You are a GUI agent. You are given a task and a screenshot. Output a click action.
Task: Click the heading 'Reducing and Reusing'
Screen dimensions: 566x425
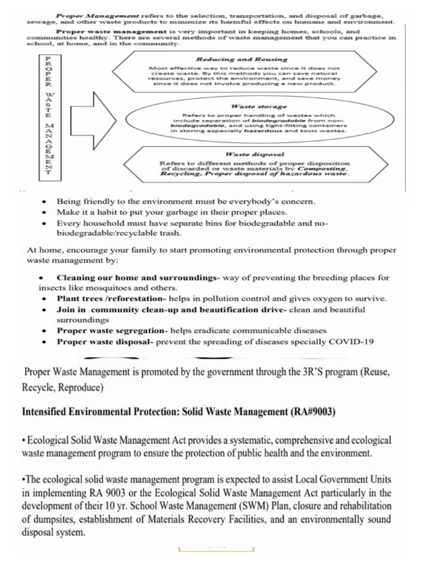242,59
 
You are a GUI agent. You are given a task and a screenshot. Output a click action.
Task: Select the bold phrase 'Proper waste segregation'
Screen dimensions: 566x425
112,331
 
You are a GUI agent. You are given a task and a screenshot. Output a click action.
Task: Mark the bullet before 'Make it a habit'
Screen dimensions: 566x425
45,212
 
